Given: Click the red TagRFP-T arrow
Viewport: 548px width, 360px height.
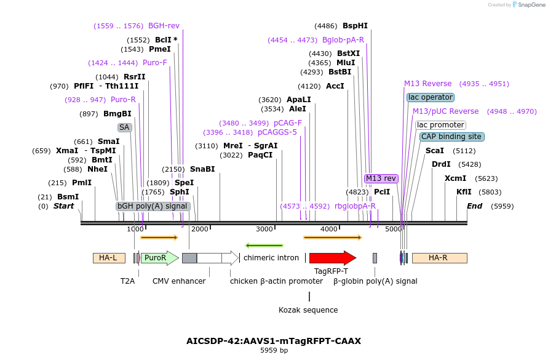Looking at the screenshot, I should pos(332,258).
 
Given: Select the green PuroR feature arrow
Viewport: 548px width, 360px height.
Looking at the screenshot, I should pos(159,258).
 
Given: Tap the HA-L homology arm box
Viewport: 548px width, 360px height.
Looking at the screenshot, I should pos(109,258).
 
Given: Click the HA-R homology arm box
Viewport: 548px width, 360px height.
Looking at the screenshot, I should pos(439,258).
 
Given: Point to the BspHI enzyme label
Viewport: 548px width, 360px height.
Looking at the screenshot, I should pos(355,26).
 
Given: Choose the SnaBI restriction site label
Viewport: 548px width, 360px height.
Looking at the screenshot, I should pos(202,169).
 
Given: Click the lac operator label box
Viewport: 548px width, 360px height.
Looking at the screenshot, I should pos(431,97).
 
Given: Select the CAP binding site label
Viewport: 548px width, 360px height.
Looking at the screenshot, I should pos(451,137).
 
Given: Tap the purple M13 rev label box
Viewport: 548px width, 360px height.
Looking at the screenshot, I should pos(381,178).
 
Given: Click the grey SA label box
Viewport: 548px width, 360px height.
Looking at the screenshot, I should pos(125,127).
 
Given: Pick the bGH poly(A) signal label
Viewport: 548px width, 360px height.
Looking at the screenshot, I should pos(153,206).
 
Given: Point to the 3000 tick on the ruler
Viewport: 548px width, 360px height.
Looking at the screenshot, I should pos(264,229).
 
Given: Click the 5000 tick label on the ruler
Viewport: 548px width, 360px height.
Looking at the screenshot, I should pos(394,229).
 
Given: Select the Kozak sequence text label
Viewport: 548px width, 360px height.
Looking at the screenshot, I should pos(308,310).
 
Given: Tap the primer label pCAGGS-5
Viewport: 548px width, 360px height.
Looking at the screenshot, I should pos(277,132).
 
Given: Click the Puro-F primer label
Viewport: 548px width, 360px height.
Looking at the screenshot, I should pos(154,63).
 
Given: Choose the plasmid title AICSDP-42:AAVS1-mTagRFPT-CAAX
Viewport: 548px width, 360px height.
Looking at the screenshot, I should pos(274,340).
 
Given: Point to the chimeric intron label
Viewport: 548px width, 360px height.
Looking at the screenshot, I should pos(271,258).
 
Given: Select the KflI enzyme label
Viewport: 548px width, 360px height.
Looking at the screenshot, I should pos(464,192).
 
